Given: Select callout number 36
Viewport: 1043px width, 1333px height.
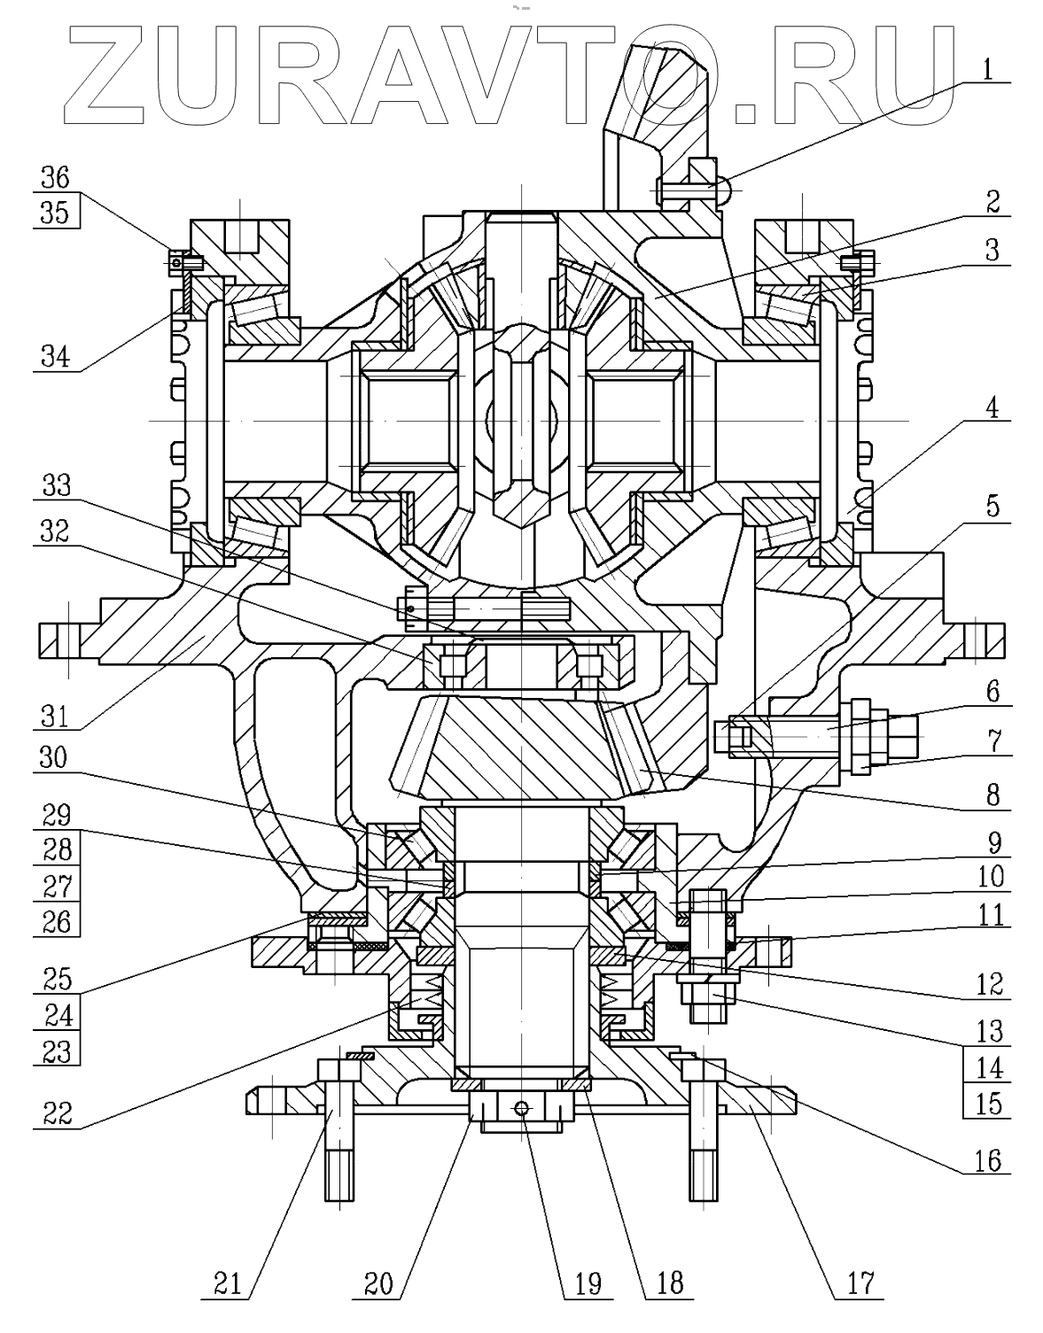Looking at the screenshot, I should tap(54, 177).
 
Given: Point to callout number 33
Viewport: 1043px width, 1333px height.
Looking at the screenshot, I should tap(54, 486).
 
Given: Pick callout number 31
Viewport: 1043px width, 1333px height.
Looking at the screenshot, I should tap(54, 714).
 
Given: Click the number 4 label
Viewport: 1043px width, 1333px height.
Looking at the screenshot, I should tap(992, 408).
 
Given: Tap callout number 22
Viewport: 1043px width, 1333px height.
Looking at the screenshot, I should tap(54, 1112).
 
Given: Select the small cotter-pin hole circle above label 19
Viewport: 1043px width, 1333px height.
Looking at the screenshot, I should tap(524, 1107).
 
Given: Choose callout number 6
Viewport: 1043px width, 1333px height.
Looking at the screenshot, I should tap(992, 692).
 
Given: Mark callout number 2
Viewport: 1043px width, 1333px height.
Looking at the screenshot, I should tap(992, 201).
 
